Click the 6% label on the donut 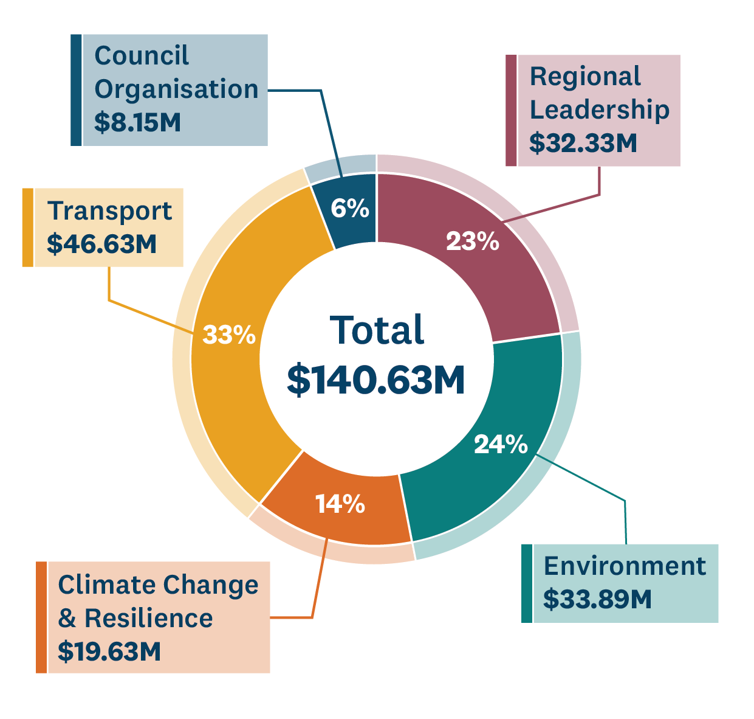[x=350, y=209]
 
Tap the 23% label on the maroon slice [x=472, y=241]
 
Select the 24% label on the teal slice [x=501, y=445]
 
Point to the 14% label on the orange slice [x=340, y=504]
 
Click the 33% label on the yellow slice [x=229, y=335]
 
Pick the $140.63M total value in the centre [x=376, y=380]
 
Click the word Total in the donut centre [x=377, y=330]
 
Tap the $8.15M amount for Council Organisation [x=138, y=122]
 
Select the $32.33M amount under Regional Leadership [x=583, y=143]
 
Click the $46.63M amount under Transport [x=102, y=244]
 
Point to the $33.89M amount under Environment [x=597, y=599]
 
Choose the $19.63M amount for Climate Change [x=109, y=651]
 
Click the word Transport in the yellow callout [x=110, y=211]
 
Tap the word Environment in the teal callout [x=625, y=566]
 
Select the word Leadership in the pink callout [x=600, y=109]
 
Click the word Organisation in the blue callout [x=177, y=89]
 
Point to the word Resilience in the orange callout [x=149, y=618]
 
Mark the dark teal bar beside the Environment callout [x=527, y=583]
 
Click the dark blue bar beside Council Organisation [x=76, y=90]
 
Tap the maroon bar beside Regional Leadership [x=511, y=110]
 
